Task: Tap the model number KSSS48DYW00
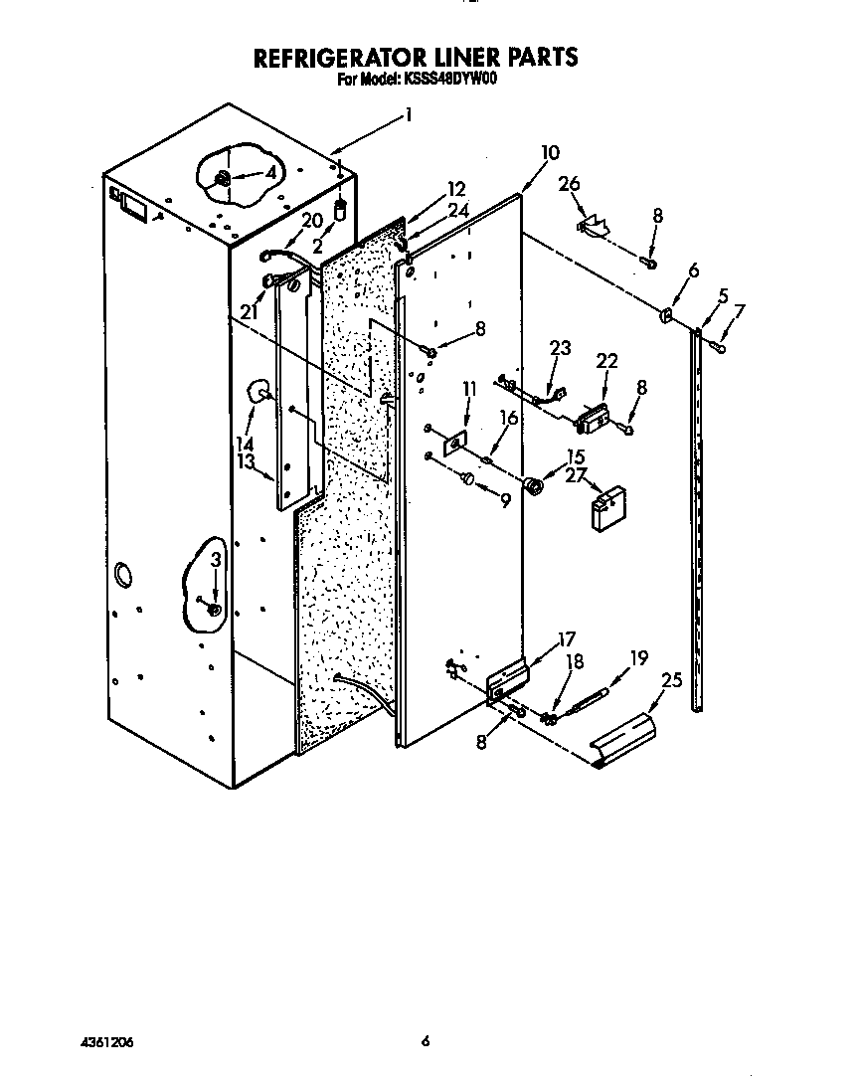[x=451, y=81]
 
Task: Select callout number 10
[x=549, y=153]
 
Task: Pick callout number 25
[x=671, y=680]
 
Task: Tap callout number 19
[x=638, y=657]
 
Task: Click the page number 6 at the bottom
[x=425, y=1042]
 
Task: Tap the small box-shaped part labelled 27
[x=605, y=510]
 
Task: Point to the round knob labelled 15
[x=535, y=486]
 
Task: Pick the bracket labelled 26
[x=594, y=225]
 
